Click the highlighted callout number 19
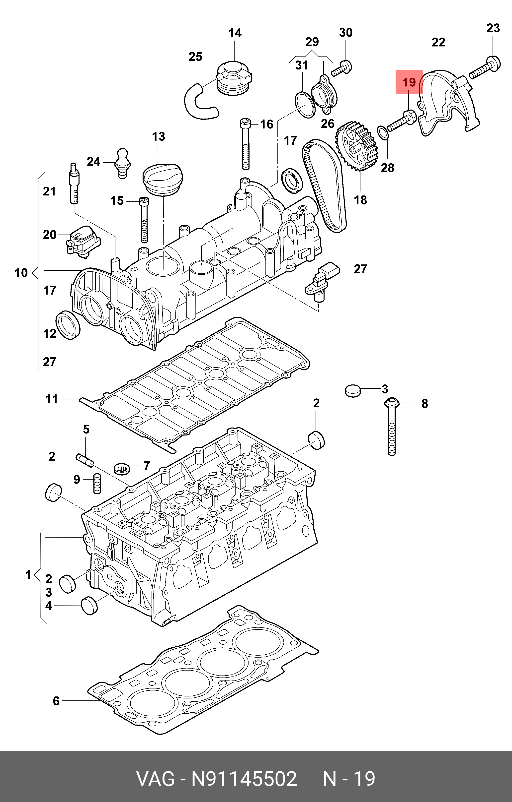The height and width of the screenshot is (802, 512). [x=409, y=82]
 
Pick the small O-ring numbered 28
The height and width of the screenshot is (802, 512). [x=383, y=133]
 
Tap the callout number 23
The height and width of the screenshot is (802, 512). [x=493, y=28]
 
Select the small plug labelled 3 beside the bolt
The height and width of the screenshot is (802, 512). [x=353, y=390]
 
